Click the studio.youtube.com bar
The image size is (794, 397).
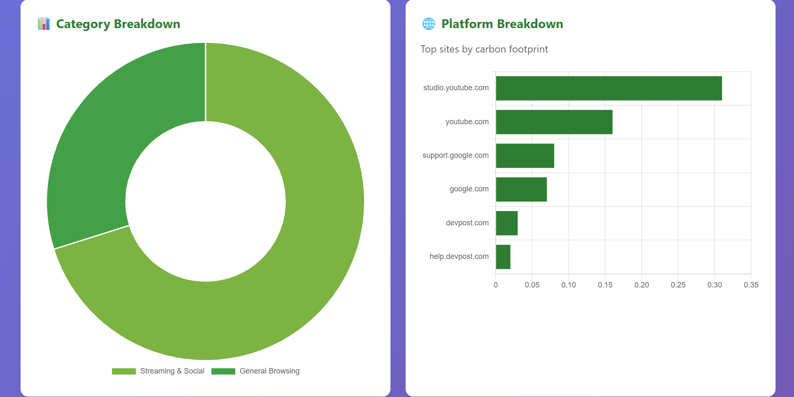coord(609,88)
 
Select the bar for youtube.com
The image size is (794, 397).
coord(554,122)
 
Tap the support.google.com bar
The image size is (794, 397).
coord(525,156)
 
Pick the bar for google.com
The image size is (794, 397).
coord(521,189)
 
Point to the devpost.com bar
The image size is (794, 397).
coord(507,223)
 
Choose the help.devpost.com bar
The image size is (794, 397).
coord(503,257)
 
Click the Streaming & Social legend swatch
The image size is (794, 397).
coord(124,371)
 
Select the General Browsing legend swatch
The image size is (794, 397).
coord(223,371)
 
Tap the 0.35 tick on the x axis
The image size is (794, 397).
coord(751,285)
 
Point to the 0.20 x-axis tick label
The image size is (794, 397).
coord(641,285)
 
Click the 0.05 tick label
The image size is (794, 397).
coord(532,285)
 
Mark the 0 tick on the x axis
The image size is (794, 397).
coord(496,285)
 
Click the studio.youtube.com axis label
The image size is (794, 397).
coord(456,88)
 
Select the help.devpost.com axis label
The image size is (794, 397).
coord(459,256)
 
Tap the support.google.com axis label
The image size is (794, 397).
coord(456,155)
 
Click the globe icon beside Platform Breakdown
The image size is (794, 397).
coord(429,24)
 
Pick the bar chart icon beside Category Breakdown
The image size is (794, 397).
coord(44,24)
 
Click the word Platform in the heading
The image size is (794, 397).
coord(467,24)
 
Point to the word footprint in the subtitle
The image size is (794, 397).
coord(528,50)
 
